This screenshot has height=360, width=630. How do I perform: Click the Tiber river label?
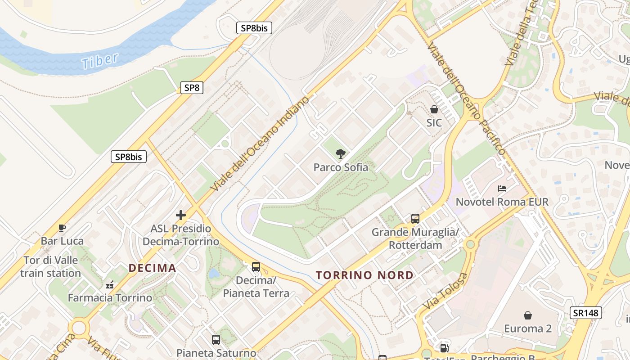coord(100,61)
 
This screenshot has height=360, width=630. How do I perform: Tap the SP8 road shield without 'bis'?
coord(192,88)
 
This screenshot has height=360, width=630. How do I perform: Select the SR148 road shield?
coord(585,313)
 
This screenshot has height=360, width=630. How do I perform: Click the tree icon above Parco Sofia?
coord(341,154)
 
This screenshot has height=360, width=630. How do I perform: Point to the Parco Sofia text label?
coord(341,167)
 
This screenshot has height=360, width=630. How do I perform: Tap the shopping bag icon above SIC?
coord(434,109)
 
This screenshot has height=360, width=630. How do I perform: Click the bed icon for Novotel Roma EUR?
coord(502,188)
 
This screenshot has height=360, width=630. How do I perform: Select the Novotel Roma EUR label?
coord(502,202)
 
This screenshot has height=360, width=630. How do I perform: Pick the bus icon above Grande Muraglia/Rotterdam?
coord(415,219)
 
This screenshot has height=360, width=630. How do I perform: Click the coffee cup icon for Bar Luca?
coord(62,228)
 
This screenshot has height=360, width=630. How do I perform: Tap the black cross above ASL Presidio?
coord(181,215)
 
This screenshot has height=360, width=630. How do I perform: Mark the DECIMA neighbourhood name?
coord(152,268)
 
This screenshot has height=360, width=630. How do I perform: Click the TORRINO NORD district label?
coord(364,275)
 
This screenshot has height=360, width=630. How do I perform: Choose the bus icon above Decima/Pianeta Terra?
coord(256,266)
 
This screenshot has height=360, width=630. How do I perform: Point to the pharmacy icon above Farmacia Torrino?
coord(110,284)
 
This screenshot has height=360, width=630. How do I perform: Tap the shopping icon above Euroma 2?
coord(528,315)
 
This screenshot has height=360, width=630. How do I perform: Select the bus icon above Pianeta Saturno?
coord(216,340)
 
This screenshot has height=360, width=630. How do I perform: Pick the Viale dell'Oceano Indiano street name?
coord(261,143)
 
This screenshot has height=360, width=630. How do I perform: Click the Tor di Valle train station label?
coord(50,266)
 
